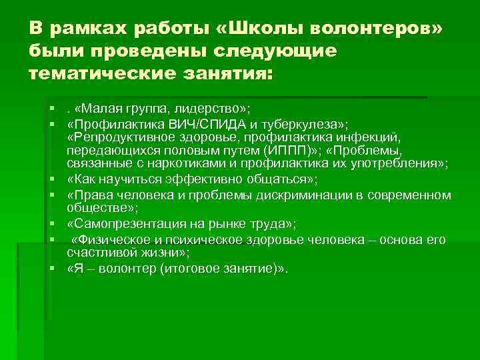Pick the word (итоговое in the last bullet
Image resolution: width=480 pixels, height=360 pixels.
[x=188, y=268]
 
